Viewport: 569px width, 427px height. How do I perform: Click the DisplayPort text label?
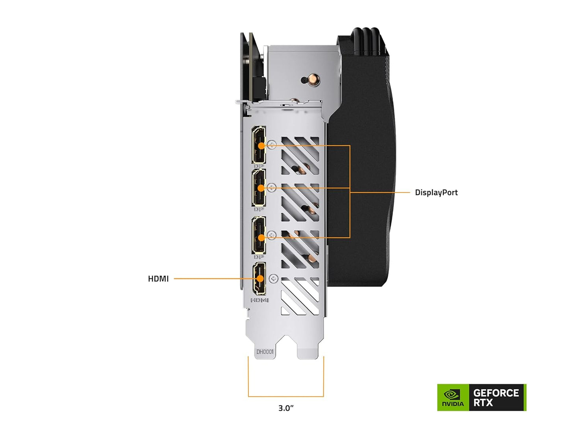point(436,193)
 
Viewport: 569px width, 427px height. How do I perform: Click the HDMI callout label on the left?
point(158,279)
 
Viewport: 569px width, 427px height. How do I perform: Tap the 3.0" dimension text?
point(286,408)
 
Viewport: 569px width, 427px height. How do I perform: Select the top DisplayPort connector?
point(259,145)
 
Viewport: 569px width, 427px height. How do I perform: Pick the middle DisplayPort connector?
point(259,188)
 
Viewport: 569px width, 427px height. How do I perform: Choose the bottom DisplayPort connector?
point(259,235)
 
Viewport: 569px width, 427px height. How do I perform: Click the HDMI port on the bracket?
point(259,278)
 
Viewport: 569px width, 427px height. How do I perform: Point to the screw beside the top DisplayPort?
point(272,145)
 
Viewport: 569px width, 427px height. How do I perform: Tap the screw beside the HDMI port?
point(273,279)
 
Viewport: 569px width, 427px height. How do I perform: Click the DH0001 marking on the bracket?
point(265,352)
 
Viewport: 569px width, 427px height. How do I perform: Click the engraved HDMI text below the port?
point(259,300)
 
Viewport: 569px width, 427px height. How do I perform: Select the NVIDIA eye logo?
point(452,394)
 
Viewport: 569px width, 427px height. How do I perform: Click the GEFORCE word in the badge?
point(496,393)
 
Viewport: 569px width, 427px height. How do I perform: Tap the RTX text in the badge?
point(483,403)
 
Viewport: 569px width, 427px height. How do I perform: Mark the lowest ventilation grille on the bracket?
point(300,296)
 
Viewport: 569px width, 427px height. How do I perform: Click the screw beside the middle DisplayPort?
point(272,187)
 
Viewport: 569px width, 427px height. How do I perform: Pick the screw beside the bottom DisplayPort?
point(272,236)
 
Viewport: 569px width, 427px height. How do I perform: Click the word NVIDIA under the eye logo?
point(453,404)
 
